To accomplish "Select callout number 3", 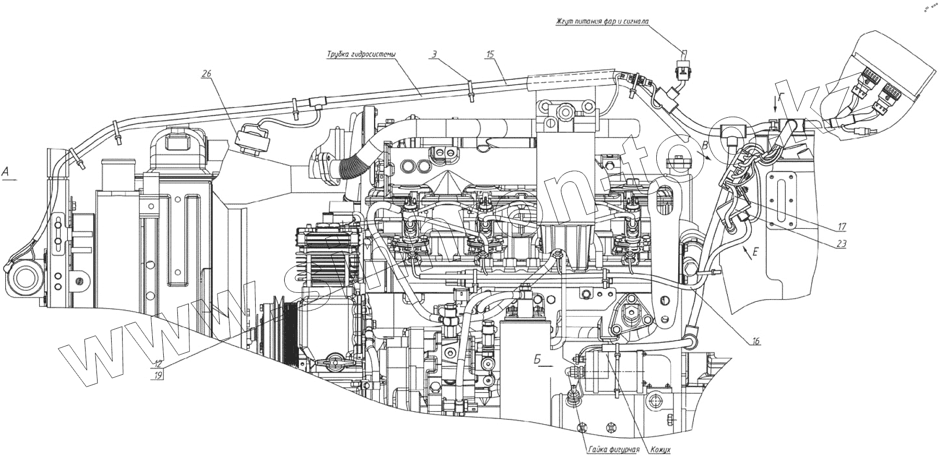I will pos(434,53).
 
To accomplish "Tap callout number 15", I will pos(489,53).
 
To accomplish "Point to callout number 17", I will pos(841,227).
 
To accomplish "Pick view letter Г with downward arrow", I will pos(781,97).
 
